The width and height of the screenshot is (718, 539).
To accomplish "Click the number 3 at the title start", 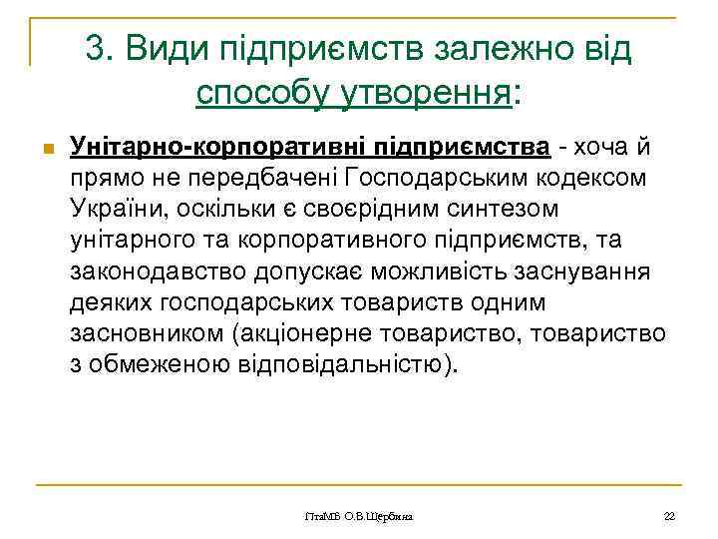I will coord(95,48).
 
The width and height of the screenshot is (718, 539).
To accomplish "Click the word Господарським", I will coord(464,178).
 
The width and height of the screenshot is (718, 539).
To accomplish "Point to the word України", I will coord(119,208).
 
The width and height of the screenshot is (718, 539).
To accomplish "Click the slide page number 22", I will coord(670,516).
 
